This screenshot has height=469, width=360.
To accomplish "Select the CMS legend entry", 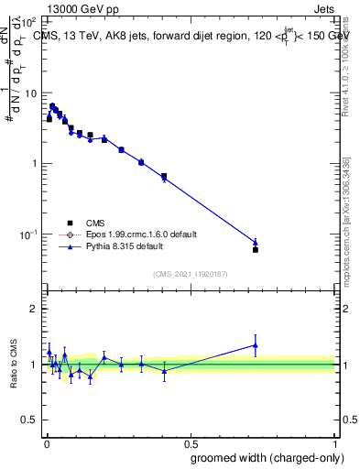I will [93, 224].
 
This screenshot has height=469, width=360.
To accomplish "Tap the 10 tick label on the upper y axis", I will [31, 93].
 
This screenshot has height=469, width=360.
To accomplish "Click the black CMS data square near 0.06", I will [255, 249].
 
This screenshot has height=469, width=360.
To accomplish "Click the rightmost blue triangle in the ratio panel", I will [255, 345].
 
